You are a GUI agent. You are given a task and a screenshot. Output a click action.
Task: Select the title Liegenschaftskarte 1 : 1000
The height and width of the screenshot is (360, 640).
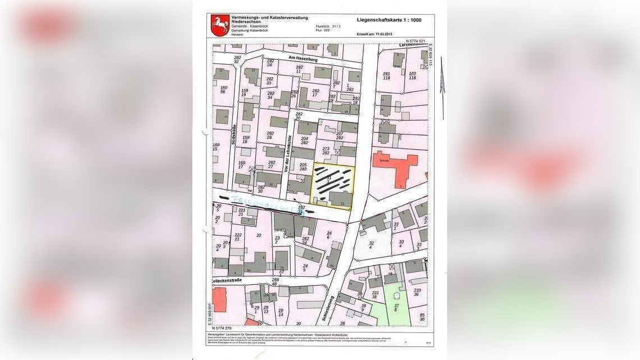click(x=389, y=20)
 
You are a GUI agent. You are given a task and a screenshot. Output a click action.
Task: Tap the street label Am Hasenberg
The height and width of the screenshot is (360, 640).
click(x=303, y=58)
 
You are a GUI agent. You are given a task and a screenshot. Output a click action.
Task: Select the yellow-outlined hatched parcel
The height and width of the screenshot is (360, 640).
click(x=332, y=186)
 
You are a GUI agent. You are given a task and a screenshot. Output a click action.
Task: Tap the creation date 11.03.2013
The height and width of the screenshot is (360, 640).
click(x=387, y=34)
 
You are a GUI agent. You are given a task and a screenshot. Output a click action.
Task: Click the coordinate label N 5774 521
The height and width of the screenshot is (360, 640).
click(x=414, y=41)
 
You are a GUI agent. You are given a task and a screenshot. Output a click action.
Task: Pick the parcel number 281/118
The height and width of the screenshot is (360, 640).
click(x=386, y=76)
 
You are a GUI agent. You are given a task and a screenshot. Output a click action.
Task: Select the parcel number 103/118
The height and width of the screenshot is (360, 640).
click(x=412, y=75)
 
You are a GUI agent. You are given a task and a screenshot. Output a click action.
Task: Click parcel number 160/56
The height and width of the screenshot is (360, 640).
click(x=223, y=89)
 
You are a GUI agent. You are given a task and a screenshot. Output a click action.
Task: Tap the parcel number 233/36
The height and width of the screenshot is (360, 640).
click(x=417, y=291)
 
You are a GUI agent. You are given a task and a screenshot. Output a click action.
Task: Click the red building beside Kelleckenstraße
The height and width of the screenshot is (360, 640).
click(x=219, y=299)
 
